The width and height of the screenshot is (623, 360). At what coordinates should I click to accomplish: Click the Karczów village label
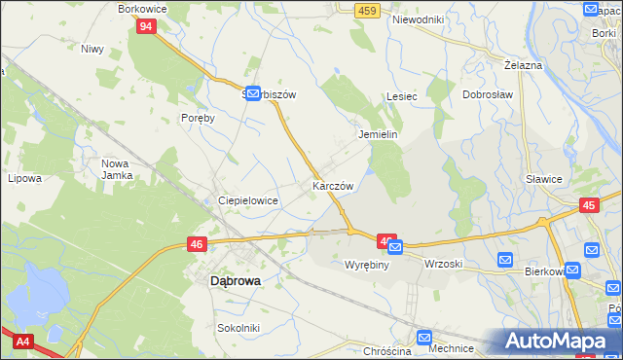[333, 185]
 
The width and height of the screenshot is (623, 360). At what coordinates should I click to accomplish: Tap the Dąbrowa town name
[235, 281]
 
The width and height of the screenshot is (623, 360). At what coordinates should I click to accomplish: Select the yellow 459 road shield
[366, 10]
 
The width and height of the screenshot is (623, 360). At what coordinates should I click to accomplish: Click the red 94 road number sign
[145, 26]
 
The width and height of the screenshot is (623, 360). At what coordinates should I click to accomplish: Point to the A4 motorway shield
[21, 342]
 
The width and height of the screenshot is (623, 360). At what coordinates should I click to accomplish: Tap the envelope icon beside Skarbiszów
[252, 93]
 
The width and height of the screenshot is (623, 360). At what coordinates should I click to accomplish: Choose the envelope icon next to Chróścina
[423, 337]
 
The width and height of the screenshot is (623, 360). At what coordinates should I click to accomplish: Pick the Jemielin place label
[379, 135]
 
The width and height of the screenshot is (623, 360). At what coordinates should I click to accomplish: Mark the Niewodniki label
[418, 19]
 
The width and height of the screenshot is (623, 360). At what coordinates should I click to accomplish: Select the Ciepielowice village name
[248, 200]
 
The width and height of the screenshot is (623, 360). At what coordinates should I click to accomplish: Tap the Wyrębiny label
[367, 264]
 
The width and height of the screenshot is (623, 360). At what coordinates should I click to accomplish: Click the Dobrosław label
[488, 95]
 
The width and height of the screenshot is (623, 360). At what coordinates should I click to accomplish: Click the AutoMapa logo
[560, 342]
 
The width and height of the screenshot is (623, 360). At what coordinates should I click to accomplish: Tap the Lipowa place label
[25, 178]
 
